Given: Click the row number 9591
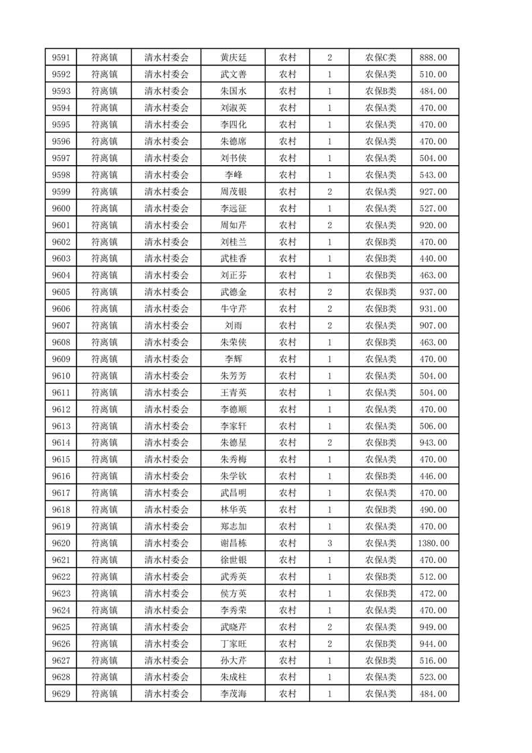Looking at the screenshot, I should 61,58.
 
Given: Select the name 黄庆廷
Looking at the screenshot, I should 233,58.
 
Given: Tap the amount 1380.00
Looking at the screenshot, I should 433,543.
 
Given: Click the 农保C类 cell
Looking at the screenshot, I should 380,58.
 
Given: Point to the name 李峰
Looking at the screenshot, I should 233,174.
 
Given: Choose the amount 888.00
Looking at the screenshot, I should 433,58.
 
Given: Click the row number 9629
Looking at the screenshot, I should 61,693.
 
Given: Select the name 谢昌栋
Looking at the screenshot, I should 233,543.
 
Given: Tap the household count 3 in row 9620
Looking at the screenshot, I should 329,543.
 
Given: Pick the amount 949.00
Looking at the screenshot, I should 433,627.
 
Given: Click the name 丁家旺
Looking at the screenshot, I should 233,644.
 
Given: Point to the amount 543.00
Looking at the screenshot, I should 433,174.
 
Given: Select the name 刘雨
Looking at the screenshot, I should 233,325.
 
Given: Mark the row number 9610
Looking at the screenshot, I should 61,376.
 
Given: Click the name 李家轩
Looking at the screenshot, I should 233,426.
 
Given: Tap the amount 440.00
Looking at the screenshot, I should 433,258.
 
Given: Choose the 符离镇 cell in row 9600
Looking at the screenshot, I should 105,208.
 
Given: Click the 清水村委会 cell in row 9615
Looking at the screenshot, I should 167,460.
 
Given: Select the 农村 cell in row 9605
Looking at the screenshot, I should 288,292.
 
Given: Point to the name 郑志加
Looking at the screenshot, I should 233,526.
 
